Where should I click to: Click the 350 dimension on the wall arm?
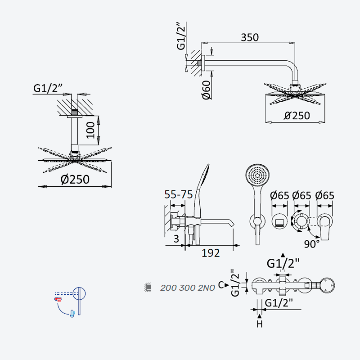[x=250, y=37]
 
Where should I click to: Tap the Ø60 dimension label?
[x=207, y=90]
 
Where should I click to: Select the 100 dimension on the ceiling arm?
[x=90, y=130]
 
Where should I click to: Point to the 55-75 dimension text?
[x=178, y=194]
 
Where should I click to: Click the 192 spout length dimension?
[x=211, y=253]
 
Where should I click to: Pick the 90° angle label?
[x=312, y=244]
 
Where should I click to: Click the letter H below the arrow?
[x=260, y=324]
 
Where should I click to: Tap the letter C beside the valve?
[x=221, y=285]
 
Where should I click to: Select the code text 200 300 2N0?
[x=188, y=288]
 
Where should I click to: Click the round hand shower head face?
[x=257, y=175]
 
